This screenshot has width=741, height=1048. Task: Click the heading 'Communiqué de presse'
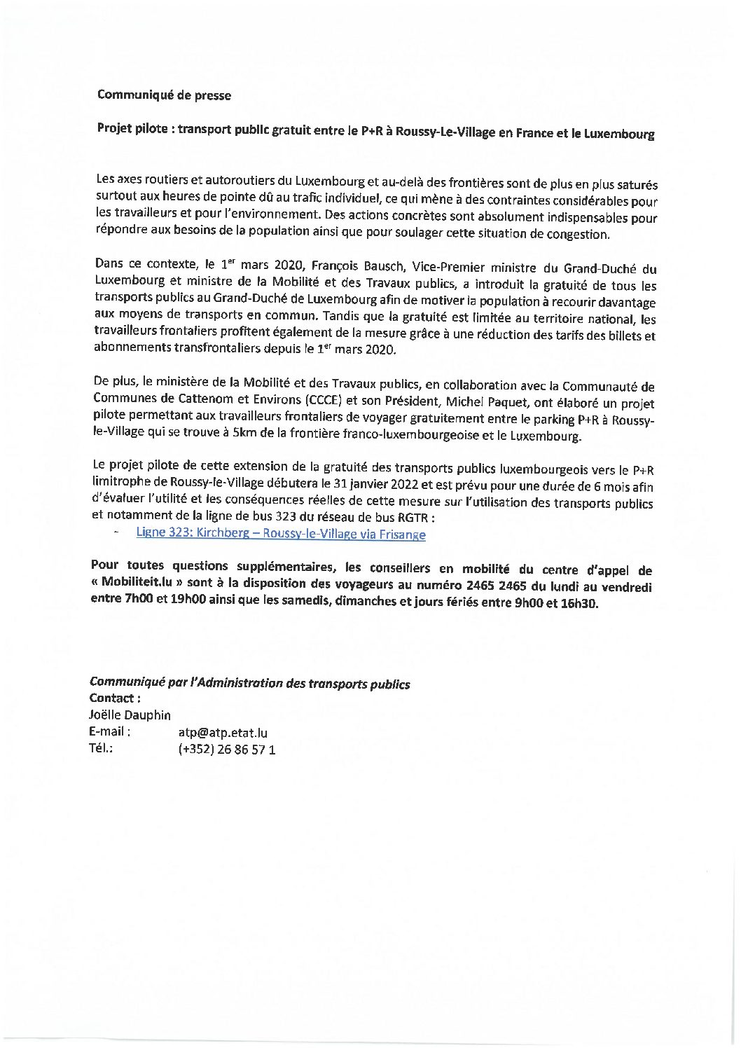pyautogui.click(x=164, y=95)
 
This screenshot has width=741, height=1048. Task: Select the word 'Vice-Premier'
pyautogui.click(x=448, y=268)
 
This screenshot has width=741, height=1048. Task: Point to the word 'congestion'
pyautogui.click(x=579, y=234)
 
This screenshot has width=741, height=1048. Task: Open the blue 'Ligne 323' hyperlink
pyautogui.click(x=281, y=534)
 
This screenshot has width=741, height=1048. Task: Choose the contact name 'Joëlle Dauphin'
pyautogui.click(x=130, y=715)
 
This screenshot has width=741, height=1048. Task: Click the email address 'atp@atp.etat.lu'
pyautogui.click(x=223, y=733)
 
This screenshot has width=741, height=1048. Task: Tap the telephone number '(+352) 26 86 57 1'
pyautogui.click(x=227, y=750)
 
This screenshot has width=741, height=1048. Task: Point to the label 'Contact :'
pyautogui.click(x=115, y=698)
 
